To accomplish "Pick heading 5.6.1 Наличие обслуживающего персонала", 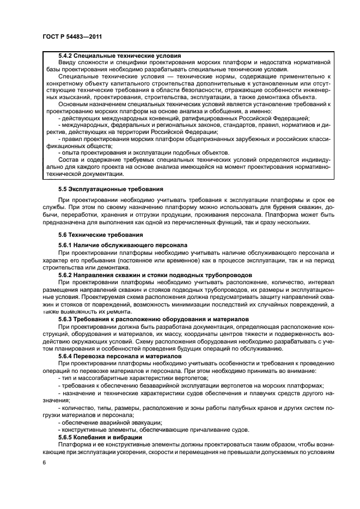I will pyautogui.click(x=123, y=245).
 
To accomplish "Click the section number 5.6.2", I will pyautogui.click(x=67, y=275).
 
